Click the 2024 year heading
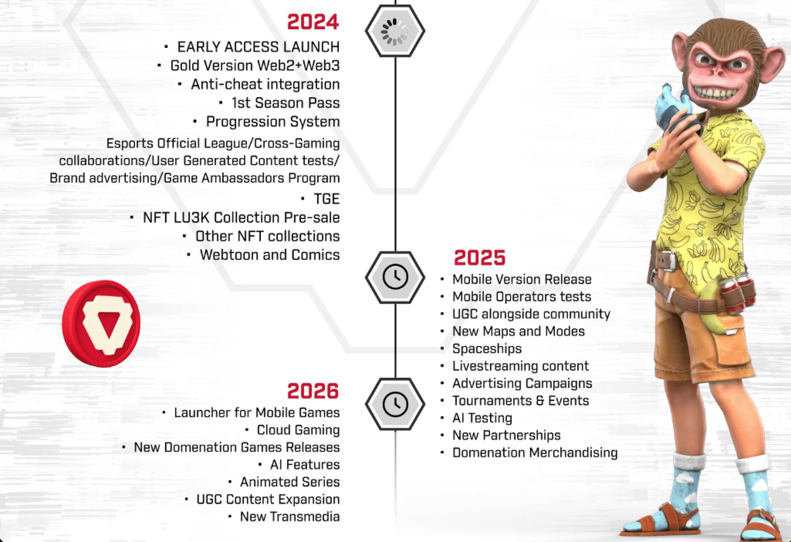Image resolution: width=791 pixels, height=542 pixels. point(313,22)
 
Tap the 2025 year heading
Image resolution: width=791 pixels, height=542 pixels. point(479,258)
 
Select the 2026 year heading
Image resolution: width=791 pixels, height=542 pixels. point(313,391)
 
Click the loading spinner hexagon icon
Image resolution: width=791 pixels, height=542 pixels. point(395,31)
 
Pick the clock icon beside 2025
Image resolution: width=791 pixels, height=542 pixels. point(395,277)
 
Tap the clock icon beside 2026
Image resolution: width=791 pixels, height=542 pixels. point(395,404)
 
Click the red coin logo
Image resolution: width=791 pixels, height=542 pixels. point(101,323)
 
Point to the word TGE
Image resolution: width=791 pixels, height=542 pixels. point(327,199)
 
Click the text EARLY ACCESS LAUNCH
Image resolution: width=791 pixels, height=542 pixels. point(258,47)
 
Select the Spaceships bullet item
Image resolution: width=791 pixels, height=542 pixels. point(487,349)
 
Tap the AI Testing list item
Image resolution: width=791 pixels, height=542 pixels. point(482,418)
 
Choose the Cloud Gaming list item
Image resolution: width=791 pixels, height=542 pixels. point(298,430)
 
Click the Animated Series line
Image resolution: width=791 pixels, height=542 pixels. point(290,482)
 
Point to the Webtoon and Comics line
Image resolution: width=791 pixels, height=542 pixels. point(270,255)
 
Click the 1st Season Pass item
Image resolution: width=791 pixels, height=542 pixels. point(286,103)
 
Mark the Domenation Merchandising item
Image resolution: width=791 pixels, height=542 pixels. point(535,452)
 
